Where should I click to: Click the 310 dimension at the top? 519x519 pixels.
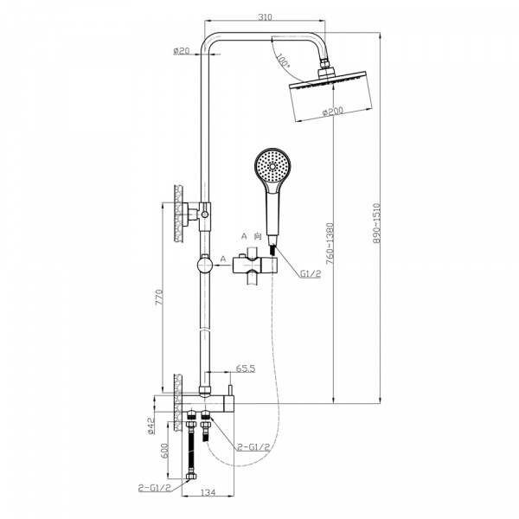click(266, 17)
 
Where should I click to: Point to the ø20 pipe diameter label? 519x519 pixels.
click(181, 51)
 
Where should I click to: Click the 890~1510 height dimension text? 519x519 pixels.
click(376, 223)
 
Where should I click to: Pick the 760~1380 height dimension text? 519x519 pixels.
click(330, 244)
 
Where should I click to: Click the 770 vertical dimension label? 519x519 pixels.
click(159, 297)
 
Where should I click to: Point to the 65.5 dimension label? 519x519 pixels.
click(246, 368)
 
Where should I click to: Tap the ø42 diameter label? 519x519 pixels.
click(151, 426)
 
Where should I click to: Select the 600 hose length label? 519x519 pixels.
click(164, 450)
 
